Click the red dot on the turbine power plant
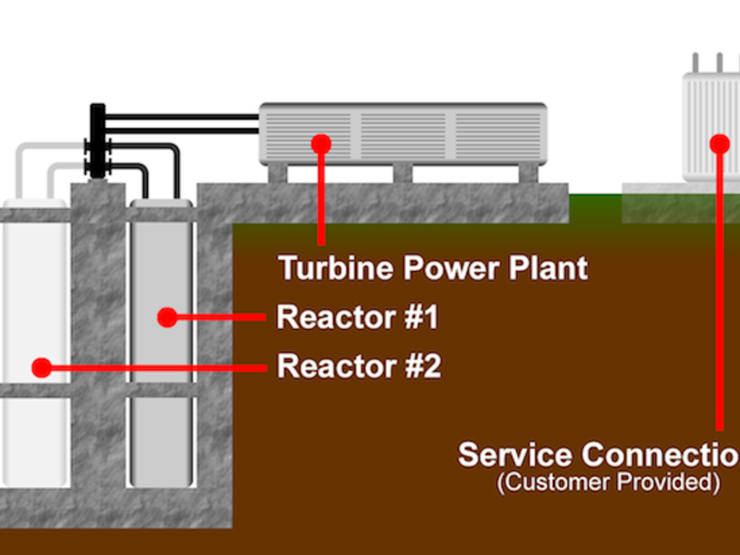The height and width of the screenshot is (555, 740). point(321,144)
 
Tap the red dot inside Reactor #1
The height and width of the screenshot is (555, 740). point(167,317)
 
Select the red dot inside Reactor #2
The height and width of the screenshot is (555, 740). point(42,368)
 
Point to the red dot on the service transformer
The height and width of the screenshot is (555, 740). point(719,144)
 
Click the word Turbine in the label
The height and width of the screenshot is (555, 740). point(337,268)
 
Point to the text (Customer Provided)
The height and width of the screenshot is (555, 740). point(608,483)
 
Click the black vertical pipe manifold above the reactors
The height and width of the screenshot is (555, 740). point(97,141)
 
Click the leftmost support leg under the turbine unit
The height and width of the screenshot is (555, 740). point(277,173)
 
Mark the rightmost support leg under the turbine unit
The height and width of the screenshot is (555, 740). point(528,173)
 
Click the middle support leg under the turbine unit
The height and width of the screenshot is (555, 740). point(403,173)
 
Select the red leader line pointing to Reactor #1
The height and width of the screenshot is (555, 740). point(220,317)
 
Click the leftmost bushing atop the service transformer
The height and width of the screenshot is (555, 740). point(695,62)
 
